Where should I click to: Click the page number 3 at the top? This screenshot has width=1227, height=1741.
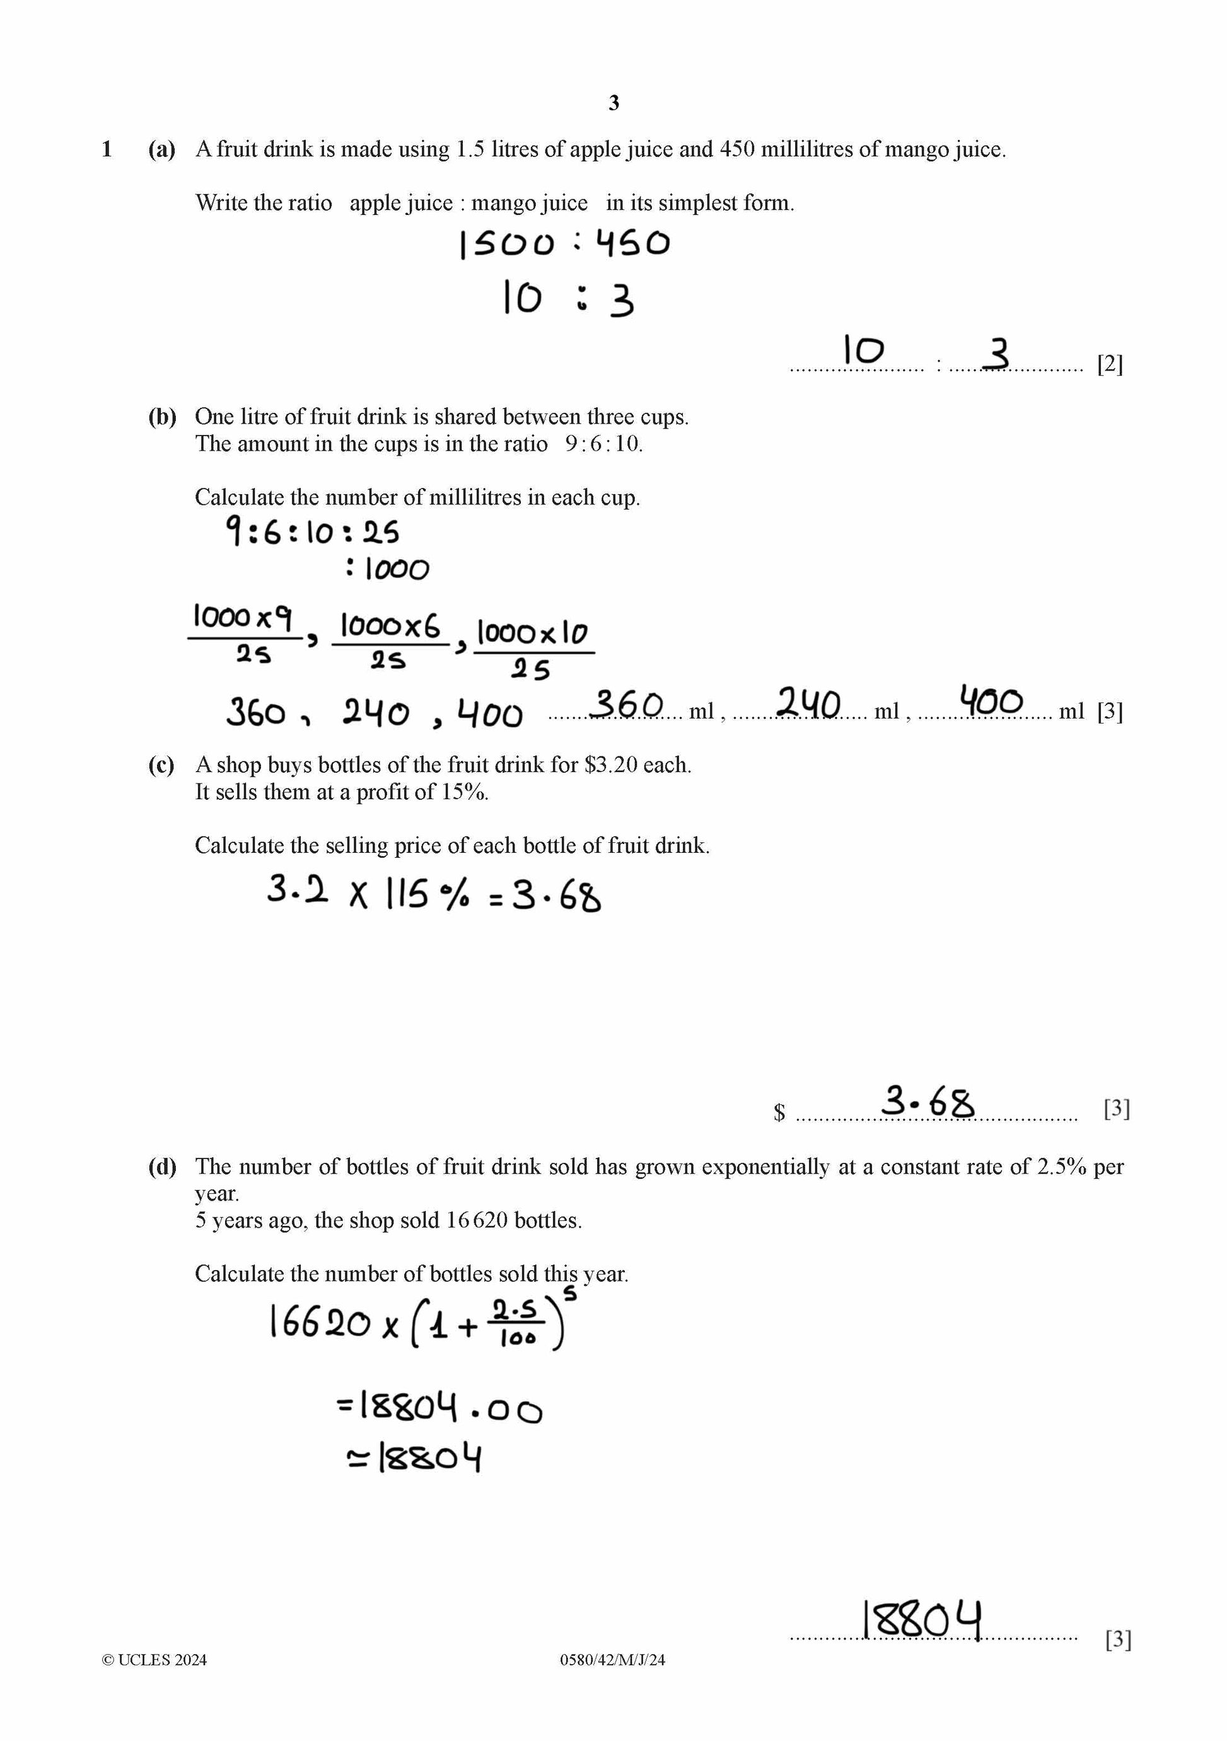(x=613, y=103)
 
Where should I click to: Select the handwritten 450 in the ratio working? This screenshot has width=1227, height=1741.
(x=632, y=243)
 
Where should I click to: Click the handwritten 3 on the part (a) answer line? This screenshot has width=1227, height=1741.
(x=999, y=354)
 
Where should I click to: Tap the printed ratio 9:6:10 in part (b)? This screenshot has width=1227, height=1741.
(x=603, y=444)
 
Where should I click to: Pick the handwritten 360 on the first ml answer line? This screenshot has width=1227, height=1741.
(x=626, y=703)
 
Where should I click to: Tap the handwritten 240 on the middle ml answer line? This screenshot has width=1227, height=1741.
(x=808, y=703)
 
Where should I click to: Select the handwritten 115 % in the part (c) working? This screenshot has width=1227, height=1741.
(x=427, y=894)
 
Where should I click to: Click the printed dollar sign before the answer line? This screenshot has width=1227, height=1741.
(x=779, y=1113)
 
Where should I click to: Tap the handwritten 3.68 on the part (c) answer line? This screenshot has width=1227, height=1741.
(x=927, y=1102)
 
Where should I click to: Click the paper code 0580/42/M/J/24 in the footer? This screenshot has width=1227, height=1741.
(x=612, y=1660)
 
